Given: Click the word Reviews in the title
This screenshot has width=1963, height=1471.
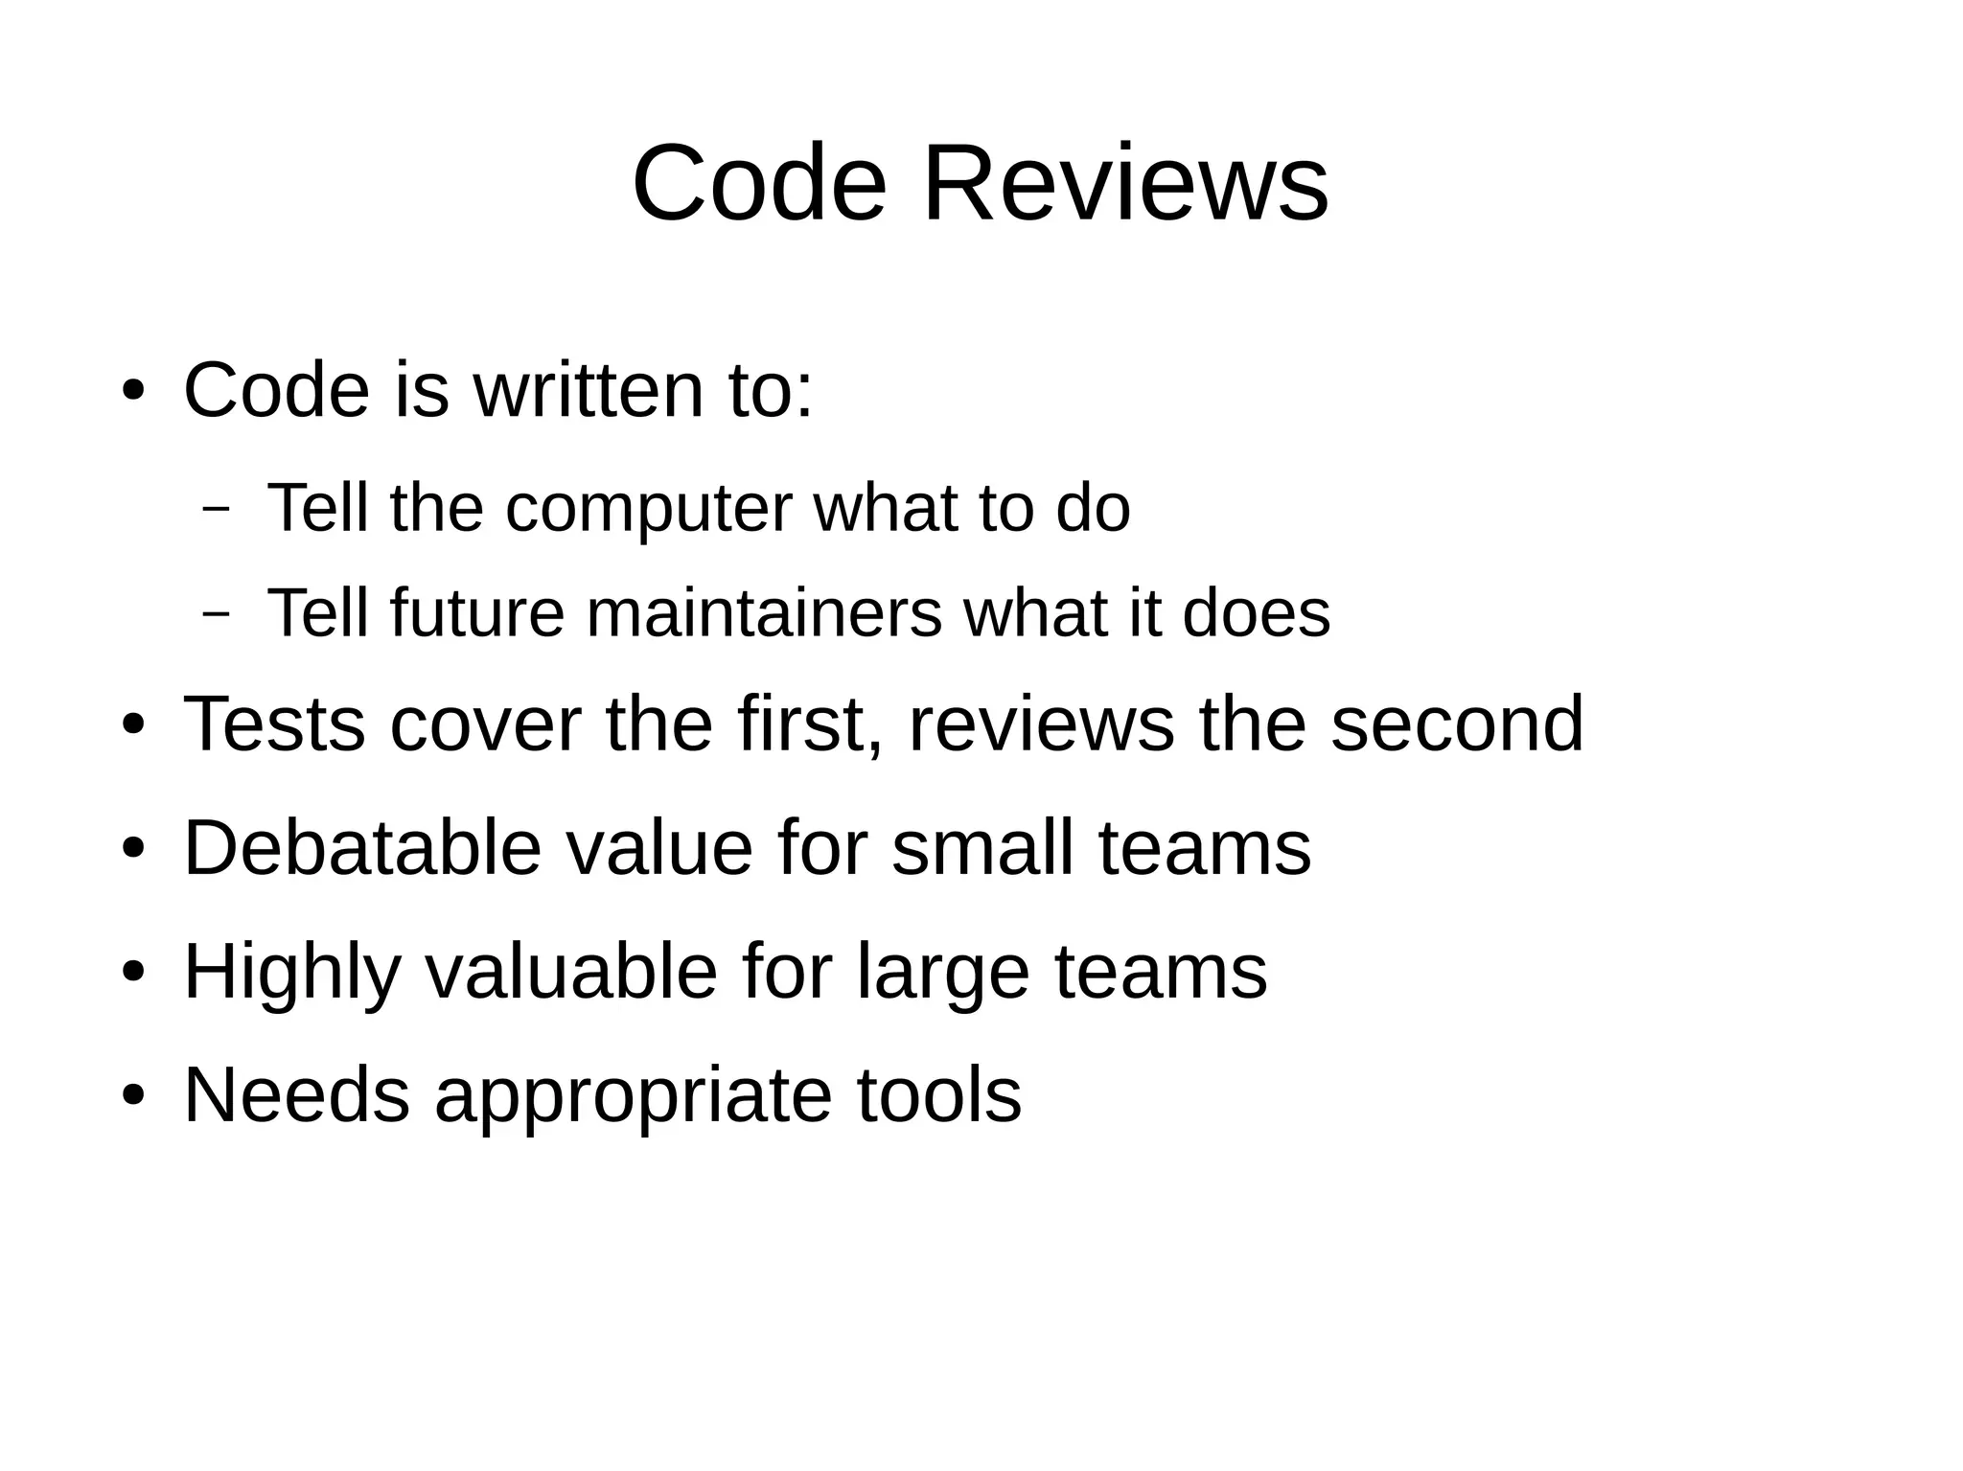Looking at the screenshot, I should coord(1125,183).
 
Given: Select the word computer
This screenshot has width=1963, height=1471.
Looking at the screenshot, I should coord(649,509).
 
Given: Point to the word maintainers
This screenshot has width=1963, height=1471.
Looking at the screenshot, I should coord(764,613).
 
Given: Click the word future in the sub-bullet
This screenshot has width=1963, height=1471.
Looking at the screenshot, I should coord(477,613).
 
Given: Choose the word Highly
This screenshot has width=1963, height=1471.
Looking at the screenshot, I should coord(291,972).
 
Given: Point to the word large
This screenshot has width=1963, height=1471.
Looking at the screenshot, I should coord(943,972).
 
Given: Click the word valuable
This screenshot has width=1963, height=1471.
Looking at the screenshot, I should coord(570,972).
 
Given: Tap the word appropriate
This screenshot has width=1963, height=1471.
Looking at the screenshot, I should coord(634,1095).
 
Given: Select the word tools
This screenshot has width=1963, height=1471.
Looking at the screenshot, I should coord(939,1095).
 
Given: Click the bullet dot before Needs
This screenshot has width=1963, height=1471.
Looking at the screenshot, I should coord(133,1095).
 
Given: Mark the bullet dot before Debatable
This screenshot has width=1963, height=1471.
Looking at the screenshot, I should coord(133,848).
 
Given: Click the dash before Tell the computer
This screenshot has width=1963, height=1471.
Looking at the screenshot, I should coord(217,509).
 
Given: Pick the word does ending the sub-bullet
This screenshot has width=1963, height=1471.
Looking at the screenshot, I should coord(1257,613).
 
